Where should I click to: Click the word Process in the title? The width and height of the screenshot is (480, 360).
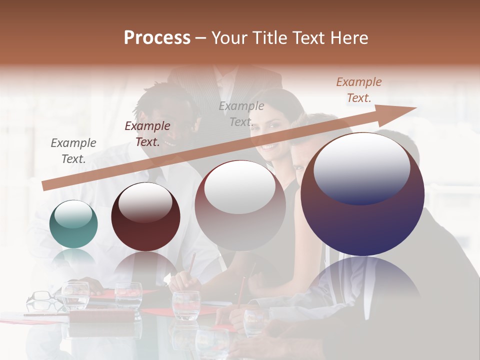[x=157, y=38]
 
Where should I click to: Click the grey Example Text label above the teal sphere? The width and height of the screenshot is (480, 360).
[x=73, y=150]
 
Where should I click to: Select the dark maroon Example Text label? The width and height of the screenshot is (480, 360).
[x=147, y=134]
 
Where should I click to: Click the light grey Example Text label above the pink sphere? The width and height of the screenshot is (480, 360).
[x=241, y=113]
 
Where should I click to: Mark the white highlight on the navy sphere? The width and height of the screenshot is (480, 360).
[x=361, y=167]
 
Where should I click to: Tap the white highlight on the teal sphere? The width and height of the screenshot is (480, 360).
[x=73, y=214]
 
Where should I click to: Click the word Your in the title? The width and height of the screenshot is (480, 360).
[x=230, y=38]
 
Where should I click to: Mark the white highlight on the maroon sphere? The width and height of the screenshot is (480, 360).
[x=145, y=202]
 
